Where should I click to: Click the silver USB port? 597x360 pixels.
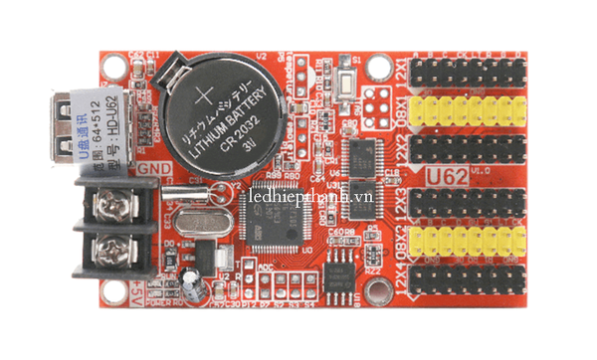coord(75,124)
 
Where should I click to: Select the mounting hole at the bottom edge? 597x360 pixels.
coord(377,290)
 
